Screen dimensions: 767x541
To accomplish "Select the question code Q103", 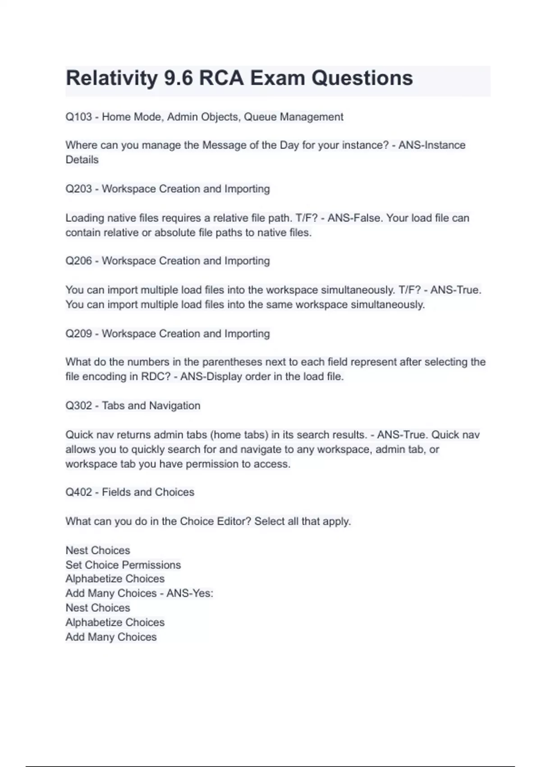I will tap(78, 117).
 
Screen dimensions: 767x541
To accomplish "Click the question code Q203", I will tap(78, 189).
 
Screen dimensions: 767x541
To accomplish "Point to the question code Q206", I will tap(78, 261).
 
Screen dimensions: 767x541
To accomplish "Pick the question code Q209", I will tap(78, 333).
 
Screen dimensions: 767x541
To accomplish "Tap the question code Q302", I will tap(78, 406).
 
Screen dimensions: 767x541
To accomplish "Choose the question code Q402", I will tap(78, 492).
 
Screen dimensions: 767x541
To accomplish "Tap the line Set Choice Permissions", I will tap(123, 565).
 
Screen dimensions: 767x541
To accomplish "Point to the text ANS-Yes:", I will tap(189, 593).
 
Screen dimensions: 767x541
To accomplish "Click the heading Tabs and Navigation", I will tap(151, 406).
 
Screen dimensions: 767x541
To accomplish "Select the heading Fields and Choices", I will tap(148, 492).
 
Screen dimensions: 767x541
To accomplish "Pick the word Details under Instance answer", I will tap(82, 160).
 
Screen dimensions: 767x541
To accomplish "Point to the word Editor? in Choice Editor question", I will tap(234, 522).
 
